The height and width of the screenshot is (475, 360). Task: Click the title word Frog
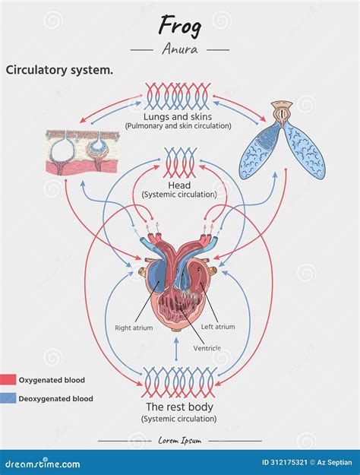pos(179,26)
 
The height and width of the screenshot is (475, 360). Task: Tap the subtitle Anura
pos(179,49)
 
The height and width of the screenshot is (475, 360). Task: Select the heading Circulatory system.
pos(60,70)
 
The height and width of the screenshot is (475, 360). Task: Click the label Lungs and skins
pos(179,116)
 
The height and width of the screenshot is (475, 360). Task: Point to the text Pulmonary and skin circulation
pos(179,125)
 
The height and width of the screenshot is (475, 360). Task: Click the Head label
pos(179,185)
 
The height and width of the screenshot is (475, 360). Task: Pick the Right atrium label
pos(134,328)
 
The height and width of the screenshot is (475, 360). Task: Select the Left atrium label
pos(218,327)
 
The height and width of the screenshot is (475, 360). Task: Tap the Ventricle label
pos(207,348)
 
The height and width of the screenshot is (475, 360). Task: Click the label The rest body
pos(179,407)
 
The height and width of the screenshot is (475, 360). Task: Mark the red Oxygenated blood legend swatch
pos(8,380)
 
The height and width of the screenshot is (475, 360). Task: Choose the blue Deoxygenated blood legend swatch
pos(8,398)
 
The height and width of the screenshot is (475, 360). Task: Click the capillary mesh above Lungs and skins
pos(179,97)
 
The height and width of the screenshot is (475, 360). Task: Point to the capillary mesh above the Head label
pos(179,163)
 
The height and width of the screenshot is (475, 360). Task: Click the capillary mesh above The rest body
pos(179,382)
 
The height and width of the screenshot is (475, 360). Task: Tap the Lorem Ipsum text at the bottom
pos(179,440)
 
